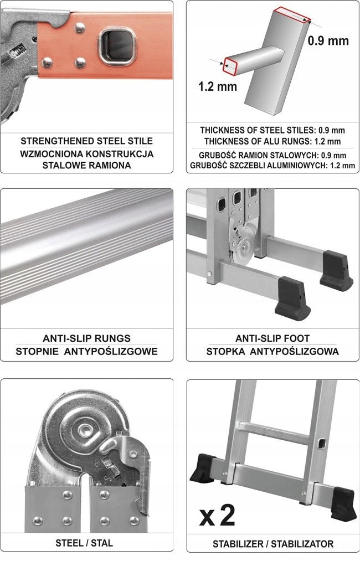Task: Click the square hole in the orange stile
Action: [x=117, y=47]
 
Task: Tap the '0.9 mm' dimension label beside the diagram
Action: [x=328, y=40]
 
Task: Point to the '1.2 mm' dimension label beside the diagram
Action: [x=218, y=86]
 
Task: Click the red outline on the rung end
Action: [x=230, y=66]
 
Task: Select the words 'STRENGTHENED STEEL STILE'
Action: [x=86, y=141]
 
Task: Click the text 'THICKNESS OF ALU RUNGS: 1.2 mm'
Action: [x=272, y=141]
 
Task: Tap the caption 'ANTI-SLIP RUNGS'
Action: [x=86, y=338]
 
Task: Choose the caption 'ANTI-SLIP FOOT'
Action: [x=272, y=338]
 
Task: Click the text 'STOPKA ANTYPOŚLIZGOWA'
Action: [x=272, y=351]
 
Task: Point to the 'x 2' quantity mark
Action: [x=217, y=516]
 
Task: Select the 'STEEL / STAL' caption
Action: [x=84, y=543]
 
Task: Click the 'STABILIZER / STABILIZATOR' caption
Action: [x=273, y=544]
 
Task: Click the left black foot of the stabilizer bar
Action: [x=204, y=468]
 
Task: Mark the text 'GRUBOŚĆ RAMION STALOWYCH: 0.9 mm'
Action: [x=272, y=156]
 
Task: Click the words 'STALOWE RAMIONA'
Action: [x=86, y=166]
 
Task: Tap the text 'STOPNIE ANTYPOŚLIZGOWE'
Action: [x=86, y=351]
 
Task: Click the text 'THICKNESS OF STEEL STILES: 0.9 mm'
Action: [x=272, y=130]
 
